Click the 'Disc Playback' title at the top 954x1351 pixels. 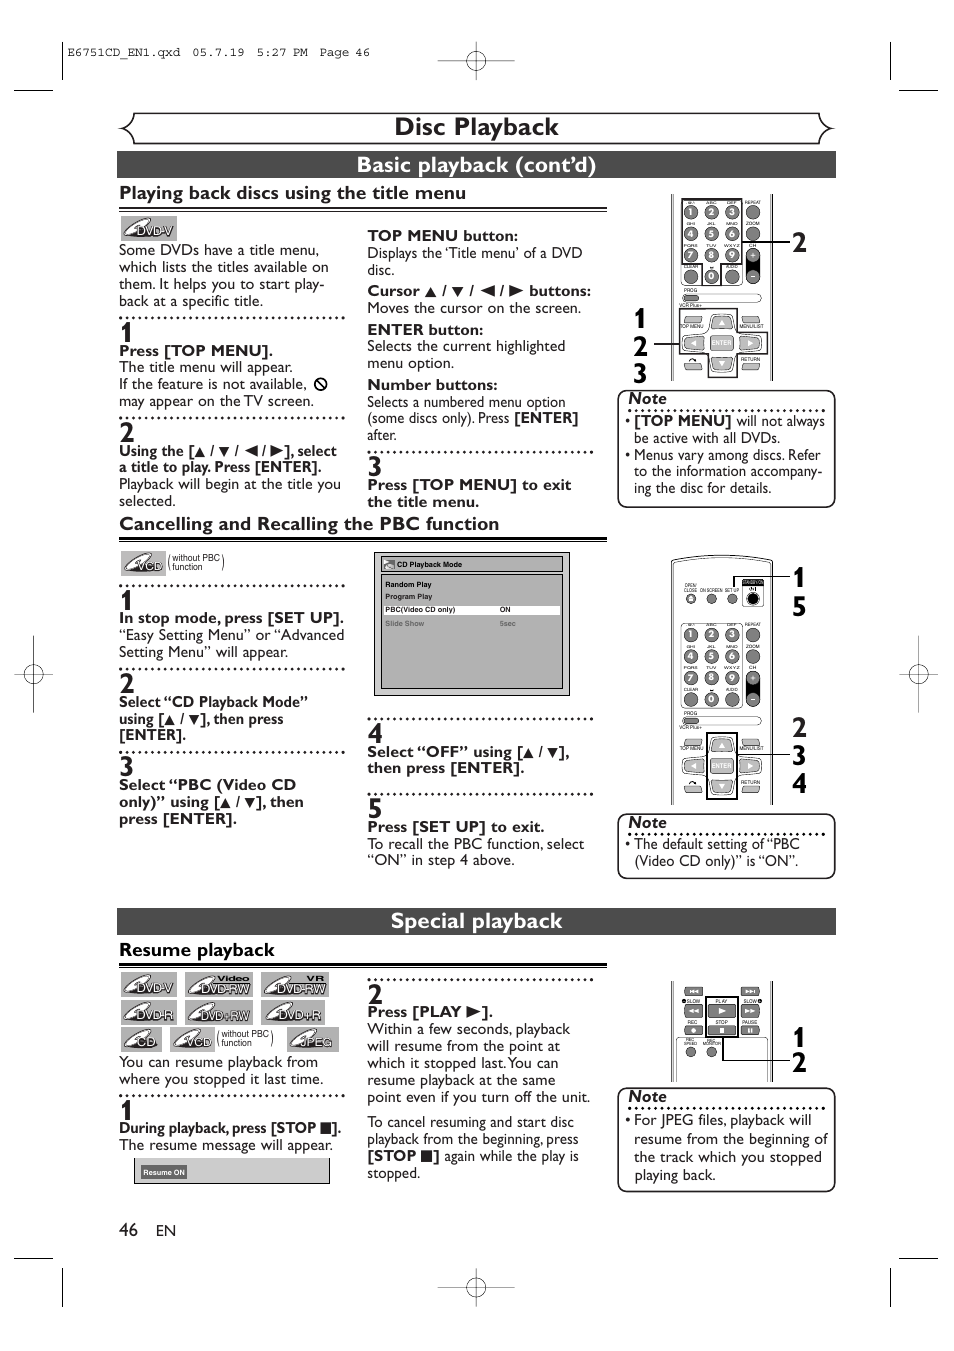(x=476, y=127)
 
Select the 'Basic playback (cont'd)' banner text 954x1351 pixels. (x=476, y=165)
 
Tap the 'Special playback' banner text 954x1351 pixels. (x=476, y=921)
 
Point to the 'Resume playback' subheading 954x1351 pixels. (x=197, y=950)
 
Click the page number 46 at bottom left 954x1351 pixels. (x=128, y=1230)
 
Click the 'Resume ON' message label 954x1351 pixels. (x=164, y=1172)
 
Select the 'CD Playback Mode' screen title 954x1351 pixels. (x=429, y=564)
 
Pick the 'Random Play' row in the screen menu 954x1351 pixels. (x=409, y=585)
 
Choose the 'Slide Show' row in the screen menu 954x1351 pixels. (x=405, y=623)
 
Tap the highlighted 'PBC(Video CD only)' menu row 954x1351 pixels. (x=420, y=609)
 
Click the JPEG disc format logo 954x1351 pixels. (x=314, y=1040)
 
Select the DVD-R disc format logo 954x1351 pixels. (x=149, y=1013)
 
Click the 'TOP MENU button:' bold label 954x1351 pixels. (x=442, y=236)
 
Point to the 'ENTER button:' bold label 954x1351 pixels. (x=425, y=329)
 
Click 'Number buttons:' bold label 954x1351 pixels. (x=432, y=385)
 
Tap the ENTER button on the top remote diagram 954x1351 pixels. (x=721, y=343)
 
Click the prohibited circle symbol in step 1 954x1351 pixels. (x=321, y=384)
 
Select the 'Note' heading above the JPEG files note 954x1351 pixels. (x=647, y=1096)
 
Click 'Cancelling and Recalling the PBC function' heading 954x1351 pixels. (x=309, y=524)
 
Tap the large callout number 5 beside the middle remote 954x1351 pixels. (x=799, y=607)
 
